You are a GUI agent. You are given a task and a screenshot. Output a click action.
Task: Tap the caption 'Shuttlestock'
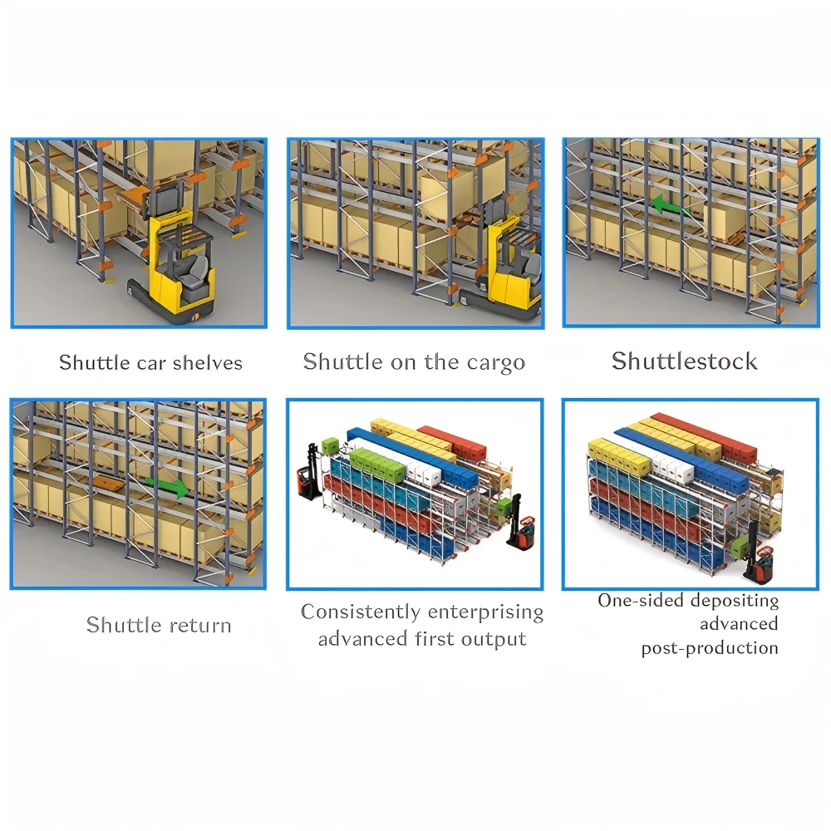click(685, 361)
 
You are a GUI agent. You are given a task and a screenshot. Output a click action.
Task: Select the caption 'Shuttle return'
click(159, 625)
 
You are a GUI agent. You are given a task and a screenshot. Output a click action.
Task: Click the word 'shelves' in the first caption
click(208, 362)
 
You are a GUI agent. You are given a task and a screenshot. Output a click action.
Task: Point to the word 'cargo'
click(495, 362)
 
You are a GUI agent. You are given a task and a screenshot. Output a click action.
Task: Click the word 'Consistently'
click(360, 612)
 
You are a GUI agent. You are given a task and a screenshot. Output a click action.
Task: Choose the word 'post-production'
click(710, 648)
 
